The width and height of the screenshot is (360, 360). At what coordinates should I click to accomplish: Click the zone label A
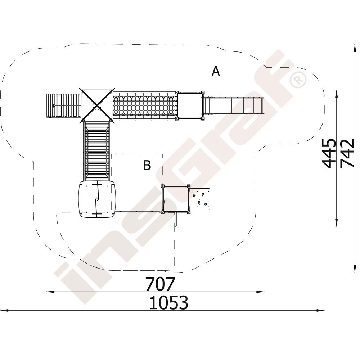tap(216, 71)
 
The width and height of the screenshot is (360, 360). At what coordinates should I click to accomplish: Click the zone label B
tap(147, 165)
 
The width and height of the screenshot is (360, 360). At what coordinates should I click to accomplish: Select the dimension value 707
tap(161, 284)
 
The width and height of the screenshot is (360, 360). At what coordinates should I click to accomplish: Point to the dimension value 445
tap(329, 153)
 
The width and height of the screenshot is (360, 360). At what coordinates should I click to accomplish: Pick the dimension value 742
tap(347, 153)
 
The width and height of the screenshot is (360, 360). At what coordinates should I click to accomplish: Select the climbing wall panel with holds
tap(200, 199)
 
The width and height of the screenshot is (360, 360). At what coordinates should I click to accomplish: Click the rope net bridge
tap(145, 105)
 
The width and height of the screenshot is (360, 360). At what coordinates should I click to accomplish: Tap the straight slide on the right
tap(233, 105)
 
